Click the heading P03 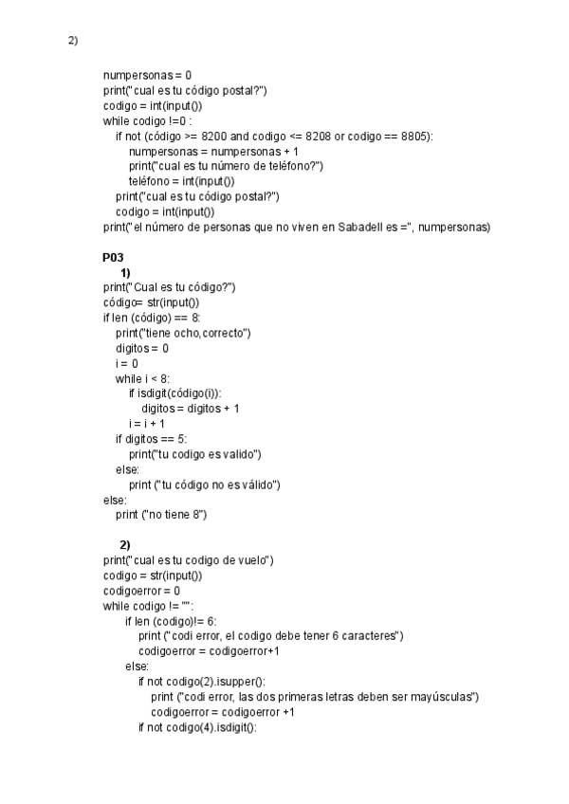114,257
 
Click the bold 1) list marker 125,272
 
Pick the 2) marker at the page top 73,41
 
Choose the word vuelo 251,560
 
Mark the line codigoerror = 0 141,591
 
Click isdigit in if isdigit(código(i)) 155,393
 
